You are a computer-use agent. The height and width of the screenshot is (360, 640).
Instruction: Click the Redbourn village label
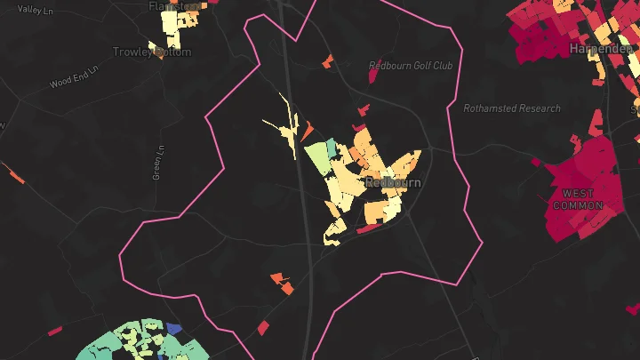point(393,182)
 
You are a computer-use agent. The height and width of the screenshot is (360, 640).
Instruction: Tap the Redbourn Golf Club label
point(411,66)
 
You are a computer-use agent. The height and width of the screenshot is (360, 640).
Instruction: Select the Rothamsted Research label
point(512,108)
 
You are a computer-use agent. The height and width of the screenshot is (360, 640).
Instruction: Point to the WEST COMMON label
point(578,199)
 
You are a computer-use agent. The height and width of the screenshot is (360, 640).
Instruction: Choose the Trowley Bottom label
point(152,52)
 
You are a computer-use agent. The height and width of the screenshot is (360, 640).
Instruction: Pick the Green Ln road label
point(159,163)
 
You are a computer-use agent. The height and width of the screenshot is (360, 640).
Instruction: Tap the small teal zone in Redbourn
point(332,148)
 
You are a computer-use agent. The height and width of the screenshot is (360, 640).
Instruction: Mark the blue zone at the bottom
point(174,329)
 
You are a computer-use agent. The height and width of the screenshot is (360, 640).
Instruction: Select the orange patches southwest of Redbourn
point(283,284)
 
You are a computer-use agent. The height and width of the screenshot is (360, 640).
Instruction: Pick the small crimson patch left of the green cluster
point(55,332)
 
